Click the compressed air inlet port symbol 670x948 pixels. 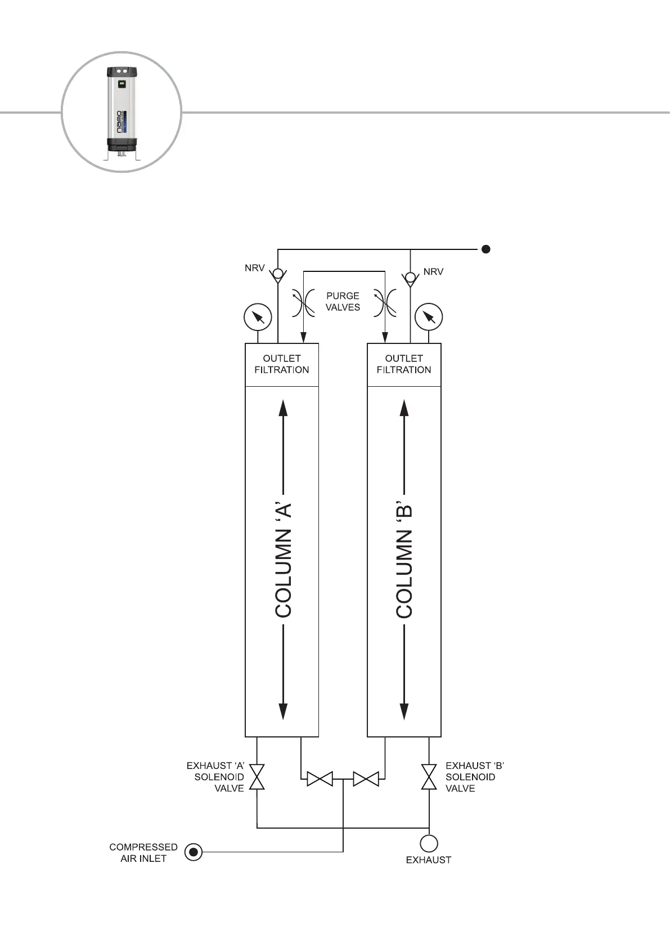point(194,852)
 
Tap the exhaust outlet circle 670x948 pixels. point(429,843)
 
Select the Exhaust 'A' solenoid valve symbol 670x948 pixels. point(257,777)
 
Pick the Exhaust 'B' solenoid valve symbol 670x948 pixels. point(429,777)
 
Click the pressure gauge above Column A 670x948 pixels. point(258,317)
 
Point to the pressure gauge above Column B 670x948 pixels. point(429,317)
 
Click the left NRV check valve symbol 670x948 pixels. point(277,276)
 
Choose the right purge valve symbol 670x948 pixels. point(385,303)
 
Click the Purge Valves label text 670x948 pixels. point(343,301)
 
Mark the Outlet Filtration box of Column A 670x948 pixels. point(282,364)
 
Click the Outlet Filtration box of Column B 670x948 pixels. point(404,364)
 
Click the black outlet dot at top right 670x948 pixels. point(486,249)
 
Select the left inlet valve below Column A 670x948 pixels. point(320,780)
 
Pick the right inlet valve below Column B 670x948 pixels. point(366,780)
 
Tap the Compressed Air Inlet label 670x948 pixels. point(143,852)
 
